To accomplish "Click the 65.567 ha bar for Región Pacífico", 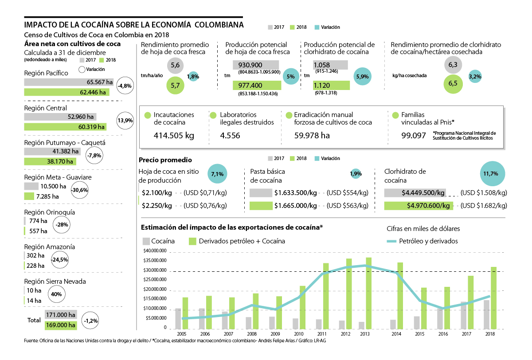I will pyautogui.click(x=69, y=82).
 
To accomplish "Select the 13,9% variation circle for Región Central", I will pyautogui.click(x=125, y=121).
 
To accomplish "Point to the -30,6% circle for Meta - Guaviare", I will pyautogui.click(x=80, y=190).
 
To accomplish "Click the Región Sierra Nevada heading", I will pyautogui.click(x=55, y=282).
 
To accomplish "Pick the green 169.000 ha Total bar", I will pyautogui.click(x=60, y=325).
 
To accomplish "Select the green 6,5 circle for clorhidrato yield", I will pyautogui.click(x=453, y=83).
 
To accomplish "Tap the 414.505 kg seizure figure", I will pyautogui.click(x=174, y=136).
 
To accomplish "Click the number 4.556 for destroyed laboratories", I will pyautogui.click(x=230, y=136).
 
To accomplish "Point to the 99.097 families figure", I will pyautogui.click(x=414, y=136).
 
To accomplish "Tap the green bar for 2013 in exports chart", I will pyautogui.click(x=368, y=293).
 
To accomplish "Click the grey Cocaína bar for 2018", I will pyautogui.click(x=486, y=314).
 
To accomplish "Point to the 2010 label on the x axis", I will pyautogui.click(x=299, y=333).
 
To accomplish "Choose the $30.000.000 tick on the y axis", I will pyautogui.click(x=154, y=270).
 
